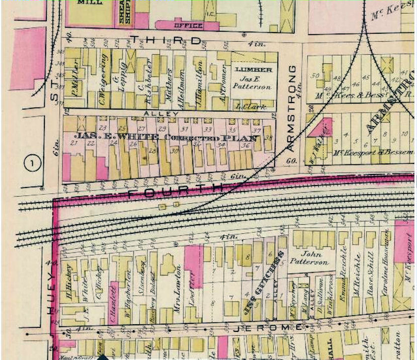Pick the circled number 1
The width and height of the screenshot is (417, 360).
[33, 163]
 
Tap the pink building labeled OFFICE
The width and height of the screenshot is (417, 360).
[187, 25]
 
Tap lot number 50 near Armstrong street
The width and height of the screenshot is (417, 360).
[316, 76]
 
